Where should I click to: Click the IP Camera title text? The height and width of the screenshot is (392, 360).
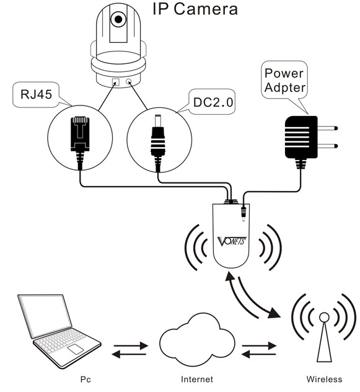(195, 9)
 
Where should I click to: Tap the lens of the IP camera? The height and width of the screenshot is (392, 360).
(118, 19)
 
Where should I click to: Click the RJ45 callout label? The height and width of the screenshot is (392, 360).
(36, 94)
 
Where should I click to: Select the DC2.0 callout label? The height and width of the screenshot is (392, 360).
(213, 102)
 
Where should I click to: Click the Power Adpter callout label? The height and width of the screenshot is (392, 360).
(284, 80)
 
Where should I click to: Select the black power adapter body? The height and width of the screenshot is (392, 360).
(301, 137)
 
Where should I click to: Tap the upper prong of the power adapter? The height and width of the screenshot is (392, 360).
(328, 128)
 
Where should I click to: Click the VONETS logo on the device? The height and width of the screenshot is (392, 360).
(232, 241)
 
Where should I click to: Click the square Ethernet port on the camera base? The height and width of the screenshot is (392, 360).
(116, 82)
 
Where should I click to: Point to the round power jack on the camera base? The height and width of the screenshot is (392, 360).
(129, 81)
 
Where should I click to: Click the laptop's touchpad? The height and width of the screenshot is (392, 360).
(76, 349)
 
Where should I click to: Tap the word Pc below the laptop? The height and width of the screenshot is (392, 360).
(86, 380)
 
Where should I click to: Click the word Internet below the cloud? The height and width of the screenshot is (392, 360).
(197, 379)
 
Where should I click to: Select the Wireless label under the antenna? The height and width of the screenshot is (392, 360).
(324, 379)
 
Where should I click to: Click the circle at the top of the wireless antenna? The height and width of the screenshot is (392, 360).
(324, 317)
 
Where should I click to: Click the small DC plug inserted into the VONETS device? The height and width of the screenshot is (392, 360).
(243, 213)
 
